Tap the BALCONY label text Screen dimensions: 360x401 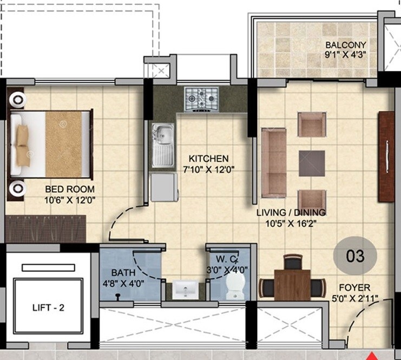pyautogui.click(x=345, y=45)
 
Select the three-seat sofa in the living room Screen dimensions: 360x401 pyautogui.click(x=273, y=162)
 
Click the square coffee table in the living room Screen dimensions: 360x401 pyautogui.click(x=312, y=163)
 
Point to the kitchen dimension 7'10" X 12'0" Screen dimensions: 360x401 pyautogui.click(x=208, y=169)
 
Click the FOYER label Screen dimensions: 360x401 pyautogui.click(x=354, y=288)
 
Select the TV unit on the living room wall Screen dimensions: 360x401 pyautogui.click(x=386, y=157)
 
